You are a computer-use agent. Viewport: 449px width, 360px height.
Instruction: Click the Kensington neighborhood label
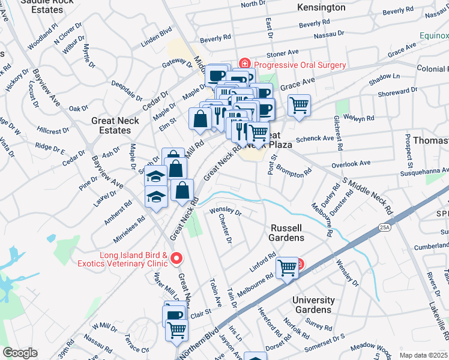click(x=321, y=8)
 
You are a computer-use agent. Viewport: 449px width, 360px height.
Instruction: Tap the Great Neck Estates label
click(x=115, y=125)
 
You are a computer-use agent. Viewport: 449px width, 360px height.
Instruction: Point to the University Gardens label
click(x=313, y=305)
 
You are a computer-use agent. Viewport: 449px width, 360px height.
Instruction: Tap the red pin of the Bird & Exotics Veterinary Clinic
click(x=176, y=259)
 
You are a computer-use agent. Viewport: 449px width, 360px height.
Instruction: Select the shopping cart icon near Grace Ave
click(x=298, y=106)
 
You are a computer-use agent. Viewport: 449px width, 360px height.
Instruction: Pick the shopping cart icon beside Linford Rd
click(x=287, y=267)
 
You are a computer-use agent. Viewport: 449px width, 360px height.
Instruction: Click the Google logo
click(x=20, y=353)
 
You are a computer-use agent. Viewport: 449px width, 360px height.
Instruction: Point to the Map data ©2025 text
click(x=423, y=355)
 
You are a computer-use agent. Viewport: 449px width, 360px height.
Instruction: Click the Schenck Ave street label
click(x=319, y=138)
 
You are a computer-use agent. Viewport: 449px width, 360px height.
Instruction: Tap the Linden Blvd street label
click(x=157, y=37)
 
